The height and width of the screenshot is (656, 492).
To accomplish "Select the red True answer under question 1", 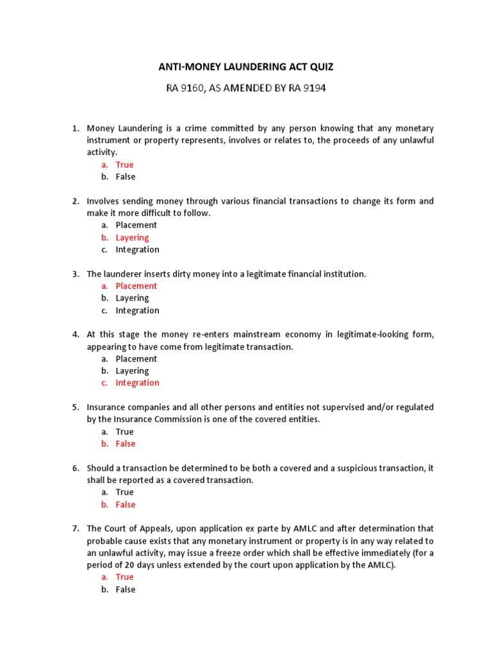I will click(124, 165).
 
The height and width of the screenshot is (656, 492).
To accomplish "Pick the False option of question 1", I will click(126, 177).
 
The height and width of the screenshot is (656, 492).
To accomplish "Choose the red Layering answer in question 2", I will click(132, 238).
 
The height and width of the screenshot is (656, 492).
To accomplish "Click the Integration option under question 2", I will click(137, 250).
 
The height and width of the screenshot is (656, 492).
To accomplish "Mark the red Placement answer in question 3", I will click(136, 286).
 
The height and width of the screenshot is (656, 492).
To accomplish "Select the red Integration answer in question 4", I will click(137, 383).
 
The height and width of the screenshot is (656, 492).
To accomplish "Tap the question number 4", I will click(75, 334).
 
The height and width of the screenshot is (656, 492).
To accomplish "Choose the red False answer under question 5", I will click(126, 444).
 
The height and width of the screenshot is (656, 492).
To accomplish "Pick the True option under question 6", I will click(124, 492).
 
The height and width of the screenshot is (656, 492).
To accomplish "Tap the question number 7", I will click(75, 529).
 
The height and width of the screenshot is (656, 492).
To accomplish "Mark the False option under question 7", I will click(126, 589).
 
